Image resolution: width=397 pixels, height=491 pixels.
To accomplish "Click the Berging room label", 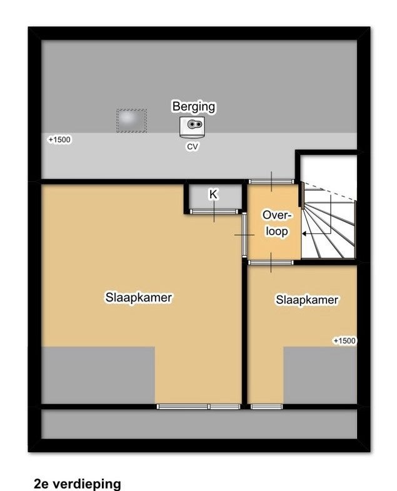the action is click(194, 106).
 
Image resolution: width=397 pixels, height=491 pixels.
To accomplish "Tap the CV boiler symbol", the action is click(192, 127).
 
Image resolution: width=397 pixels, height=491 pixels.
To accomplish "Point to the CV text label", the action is click(192, 146).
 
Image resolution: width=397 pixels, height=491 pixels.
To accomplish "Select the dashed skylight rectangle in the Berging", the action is click(131, 121).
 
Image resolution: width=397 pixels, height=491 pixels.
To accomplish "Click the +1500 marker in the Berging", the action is click(59, 139).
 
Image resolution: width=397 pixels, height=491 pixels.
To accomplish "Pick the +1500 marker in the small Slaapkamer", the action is click(344, 341).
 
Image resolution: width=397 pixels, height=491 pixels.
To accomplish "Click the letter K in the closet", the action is click(213, 194).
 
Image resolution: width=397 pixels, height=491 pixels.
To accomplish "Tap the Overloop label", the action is click(277, 223).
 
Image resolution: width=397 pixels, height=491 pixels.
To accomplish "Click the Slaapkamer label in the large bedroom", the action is click(139, 298).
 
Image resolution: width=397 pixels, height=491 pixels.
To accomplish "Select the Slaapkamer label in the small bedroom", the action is click(307, 300).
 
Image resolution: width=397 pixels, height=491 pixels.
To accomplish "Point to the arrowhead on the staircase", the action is click(304, 233).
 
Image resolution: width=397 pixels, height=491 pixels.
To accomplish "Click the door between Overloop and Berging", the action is click(271, 181).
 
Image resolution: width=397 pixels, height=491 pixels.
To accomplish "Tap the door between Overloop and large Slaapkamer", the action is click(244, 235).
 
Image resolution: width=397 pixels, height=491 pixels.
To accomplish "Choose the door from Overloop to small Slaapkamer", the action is click(271, 263).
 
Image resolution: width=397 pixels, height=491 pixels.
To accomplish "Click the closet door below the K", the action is click(214, 211).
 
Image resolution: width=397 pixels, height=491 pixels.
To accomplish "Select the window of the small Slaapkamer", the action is click(267, 407).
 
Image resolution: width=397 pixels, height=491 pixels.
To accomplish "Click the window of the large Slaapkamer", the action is click(199, 407).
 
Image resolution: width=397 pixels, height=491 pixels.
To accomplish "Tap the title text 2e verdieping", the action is click(77, 483).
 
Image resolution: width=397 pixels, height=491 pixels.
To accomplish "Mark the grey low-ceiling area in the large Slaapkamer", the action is click(98, 375).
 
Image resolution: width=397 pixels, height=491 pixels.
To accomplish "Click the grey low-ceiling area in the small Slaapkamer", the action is click(320, 375).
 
